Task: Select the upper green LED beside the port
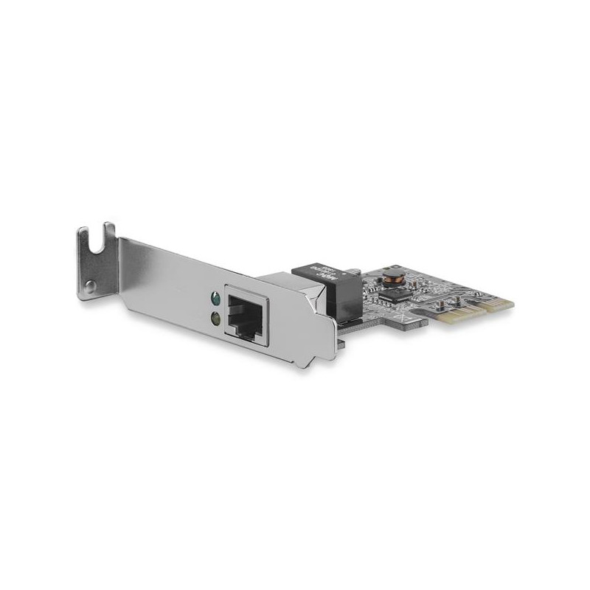(x=215, y=300)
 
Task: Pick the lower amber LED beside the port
(x=215, y=318)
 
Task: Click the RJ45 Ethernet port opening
(x=248, y=316)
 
